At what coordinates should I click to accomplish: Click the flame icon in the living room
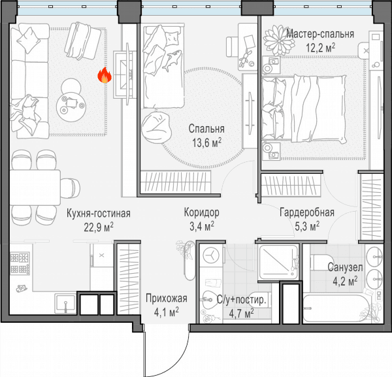pyautogui.click(x=105, y=75)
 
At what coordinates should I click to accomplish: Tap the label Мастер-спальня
pyautogui.click(x=320, y=34)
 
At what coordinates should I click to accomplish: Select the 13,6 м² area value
pyautogui.click(x=206, y=143)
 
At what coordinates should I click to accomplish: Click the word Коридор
pyautogui.click(x=201, y=212)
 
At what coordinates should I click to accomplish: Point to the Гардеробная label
pyautogui.click(x=307, y=212)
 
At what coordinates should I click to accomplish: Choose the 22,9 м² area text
pyautogui.click(x=99, y=227)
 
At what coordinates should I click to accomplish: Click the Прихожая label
pyautogui.click(x=167, y=299)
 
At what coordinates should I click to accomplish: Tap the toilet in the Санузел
pyautogui.click(x=321, y=262)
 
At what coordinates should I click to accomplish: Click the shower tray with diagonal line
pyautogui.click(x=278, y=262)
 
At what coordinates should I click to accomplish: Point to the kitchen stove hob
pyautogui.click(x=20, y=263)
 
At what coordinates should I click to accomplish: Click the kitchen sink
pyautogui.click(x=65, y=303)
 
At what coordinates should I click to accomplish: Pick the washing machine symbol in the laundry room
pyautogui.click(x=211, y=255)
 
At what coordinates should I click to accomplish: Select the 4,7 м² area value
pyautogui.click(x=241, y=314)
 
